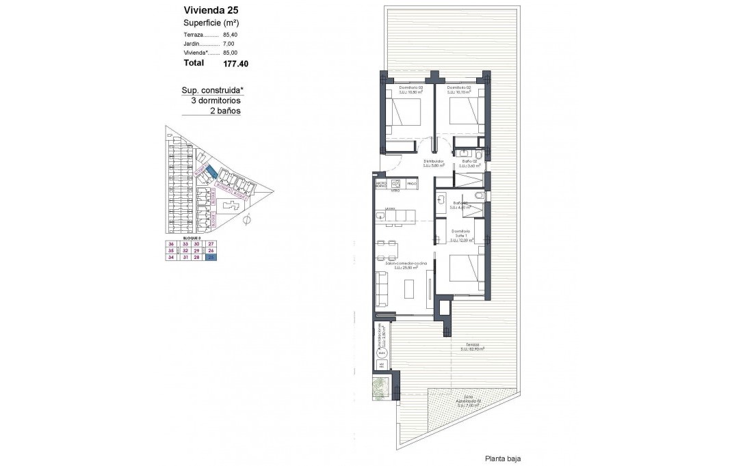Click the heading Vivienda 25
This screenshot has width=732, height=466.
pyautogui.click(x=211, y=10)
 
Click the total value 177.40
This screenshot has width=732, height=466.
pyautogui.click(x=235, y=64)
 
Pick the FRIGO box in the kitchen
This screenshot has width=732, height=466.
pyautogui.click(x=411, y=184)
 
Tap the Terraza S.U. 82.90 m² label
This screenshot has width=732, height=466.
pyautogui.click(x=471, y=346)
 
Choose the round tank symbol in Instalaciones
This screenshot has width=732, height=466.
pyautogui.click(x=382, y=353)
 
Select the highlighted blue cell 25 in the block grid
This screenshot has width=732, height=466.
pyautogui.click(x=211, y=257)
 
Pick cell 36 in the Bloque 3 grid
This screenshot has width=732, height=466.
pyautogui.click(x=170, y=244)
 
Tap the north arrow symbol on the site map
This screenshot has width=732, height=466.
pyautogui.click(x=247, y=219)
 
